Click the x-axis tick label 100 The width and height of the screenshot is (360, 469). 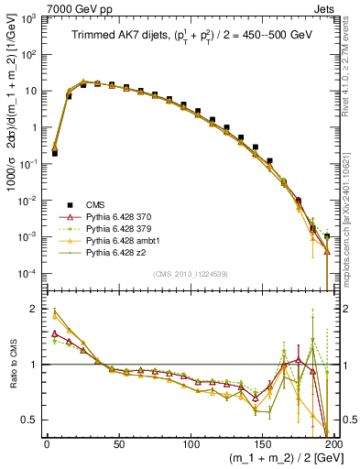[x=191, y=444]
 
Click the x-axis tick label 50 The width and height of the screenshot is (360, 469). [x=118, y=444]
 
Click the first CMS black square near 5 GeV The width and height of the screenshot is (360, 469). [x=54, y=154]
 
